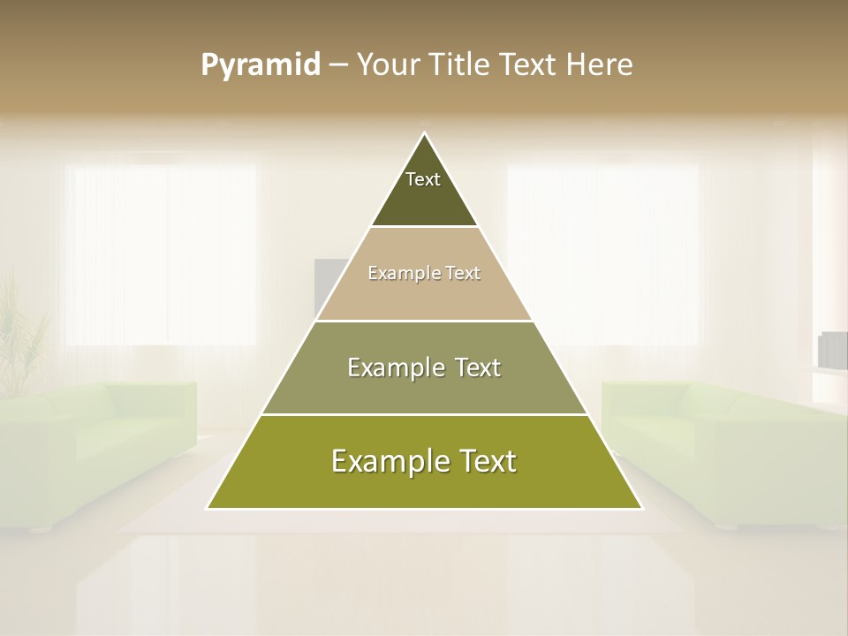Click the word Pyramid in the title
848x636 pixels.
point(260,65)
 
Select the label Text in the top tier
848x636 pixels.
point(423,179)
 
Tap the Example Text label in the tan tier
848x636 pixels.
point(424,274)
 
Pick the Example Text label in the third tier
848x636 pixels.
point(424,367)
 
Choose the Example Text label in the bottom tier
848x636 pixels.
point(424,461)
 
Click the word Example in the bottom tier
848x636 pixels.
point(382,461)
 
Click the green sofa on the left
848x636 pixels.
point(97,450)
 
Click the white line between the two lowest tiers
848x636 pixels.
point(424,414)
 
